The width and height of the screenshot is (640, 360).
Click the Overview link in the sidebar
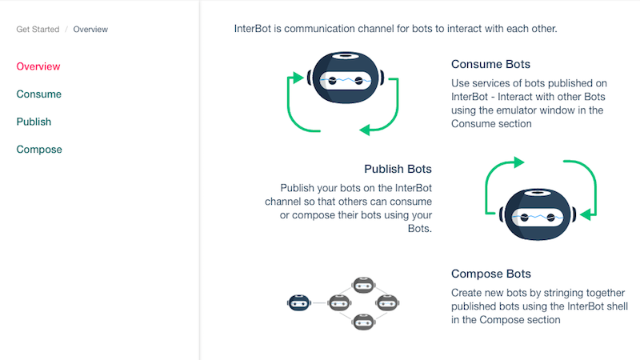point(38,66)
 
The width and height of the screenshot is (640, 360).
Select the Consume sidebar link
point(38,94)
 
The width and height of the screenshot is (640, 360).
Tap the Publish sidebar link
point(34,122)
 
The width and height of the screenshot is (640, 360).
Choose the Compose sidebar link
point(39,150)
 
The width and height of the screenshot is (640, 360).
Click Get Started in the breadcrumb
point(38,30)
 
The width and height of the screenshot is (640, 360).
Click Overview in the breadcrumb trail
point(90,30)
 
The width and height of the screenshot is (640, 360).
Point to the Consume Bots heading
point(490,64)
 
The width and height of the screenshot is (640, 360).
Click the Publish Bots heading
point(398,169)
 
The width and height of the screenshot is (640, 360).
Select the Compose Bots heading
point(491,274)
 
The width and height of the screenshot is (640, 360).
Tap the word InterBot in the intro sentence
point(252,29)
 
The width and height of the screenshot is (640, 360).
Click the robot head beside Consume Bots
point(346,78)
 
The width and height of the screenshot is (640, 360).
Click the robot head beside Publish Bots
point(538,214)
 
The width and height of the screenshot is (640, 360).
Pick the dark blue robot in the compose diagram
point(298,303)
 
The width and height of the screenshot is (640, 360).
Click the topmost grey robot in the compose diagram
point(363,285)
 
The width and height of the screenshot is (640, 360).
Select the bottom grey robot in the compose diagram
point(363,322)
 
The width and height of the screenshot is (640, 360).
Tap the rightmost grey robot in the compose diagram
point(387,303)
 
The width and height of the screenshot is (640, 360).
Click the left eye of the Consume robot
point(332,81)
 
